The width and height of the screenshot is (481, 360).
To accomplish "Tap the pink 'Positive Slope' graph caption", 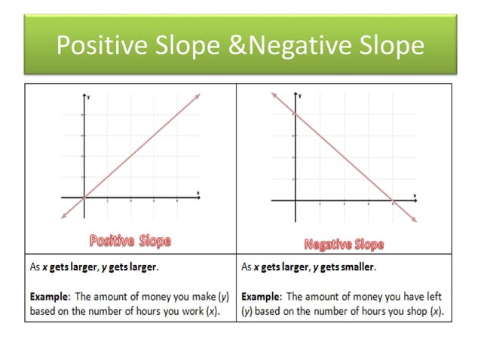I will pos(130,241).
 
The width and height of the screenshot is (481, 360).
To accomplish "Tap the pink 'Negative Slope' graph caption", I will pos(344,244).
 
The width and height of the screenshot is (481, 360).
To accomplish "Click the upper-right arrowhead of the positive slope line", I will pos(198,94).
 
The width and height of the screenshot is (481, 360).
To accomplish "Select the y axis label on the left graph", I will pos(89,98).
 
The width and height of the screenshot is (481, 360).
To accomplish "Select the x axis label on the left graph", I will pos(198,193).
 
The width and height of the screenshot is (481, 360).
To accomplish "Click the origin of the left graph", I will pos(84,197).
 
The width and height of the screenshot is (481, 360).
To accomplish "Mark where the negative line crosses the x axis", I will pos(393,200).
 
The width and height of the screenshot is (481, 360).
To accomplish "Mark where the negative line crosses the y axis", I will pos(295,114).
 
